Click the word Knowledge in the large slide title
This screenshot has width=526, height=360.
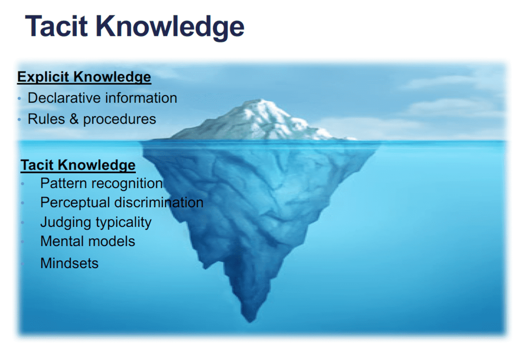[170, 28]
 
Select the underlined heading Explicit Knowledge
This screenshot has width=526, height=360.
[84, 77]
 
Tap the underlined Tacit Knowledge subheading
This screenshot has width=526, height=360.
[78, 166]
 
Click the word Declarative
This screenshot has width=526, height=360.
[64, 98]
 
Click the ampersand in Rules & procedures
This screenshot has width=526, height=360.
[74, 119]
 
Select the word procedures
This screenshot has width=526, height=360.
[120, 120]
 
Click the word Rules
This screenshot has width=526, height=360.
[46, 119]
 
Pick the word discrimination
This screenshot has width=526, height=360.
[159, 202]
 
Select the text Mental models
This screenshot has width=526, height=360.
[88, 241]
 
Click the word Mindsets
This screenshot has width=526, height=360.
[69, 263]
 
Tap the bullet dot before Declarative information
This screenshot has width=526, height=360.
[19, 99]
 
